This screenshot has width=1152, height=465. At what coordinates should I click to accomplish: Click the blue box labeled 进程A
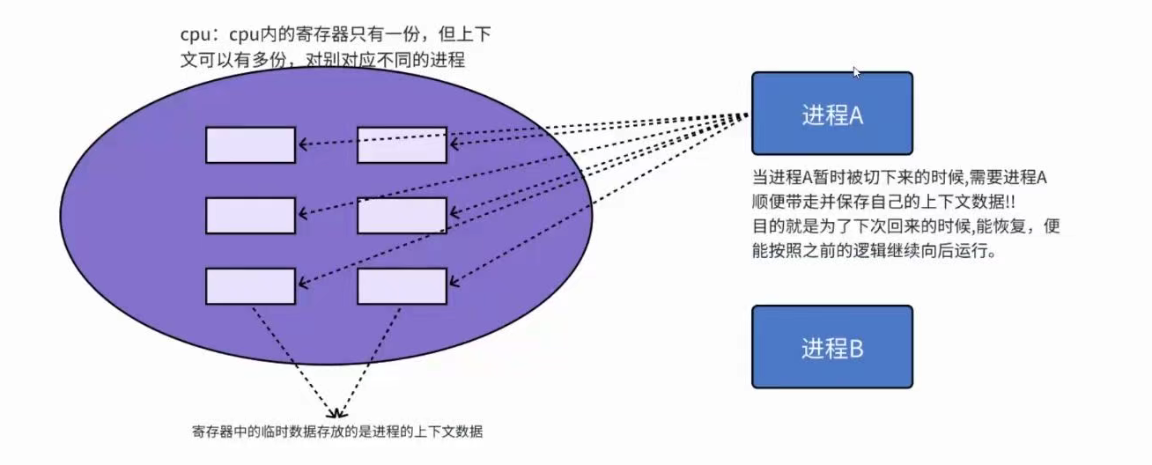[x=831, y=114]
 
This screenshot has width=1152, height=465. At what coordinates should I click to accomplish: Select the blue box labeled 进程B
[x=831, y=347]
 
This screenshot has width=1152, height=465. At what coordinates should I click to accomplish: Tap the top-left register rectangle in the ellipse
[x=250, y=145]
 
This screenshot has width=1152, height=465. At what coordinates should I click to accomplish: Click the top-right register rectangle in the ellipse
[x=402, y=145]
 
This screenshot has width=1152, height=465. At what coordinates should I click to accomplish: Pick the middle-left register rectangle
[x=250, y=216]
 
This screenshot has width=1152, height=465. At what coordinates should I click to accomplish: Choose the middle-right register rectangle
[x=402, y=216]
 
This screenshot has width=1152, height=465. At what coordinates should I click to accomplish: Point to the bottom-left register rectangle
[x=250, y=286]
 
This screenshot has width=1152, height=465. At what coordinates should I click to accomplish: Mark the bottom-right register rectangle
[x=402, y=286]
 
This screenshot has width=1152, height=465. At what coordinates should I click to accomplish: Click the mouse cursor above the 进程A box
[x=856, y=72]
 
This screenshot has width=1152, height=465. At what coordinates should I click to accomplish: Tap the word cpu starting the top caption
[x=193, y=36]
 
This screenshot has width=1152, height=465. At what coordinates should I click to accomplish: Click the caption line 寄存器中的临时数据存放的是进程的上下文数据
[x=337, y=432]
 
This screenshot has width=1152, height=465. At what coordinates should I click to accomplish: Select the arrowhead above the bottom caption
[x=337, y=411]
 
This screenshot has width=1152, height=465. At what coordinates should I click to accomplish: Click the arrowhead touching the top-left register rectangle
[x=301, y=144]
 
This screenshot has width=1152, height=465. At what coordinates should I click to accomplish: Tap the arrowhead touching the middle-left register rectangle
[x=301, y=212]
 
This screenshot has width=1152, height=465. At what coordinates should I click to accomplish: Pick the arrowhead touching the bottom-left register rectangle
[x=301, y=283]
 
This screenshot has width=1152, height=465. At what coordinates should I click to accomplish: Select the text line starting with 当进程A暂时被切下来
[x=897, y=178]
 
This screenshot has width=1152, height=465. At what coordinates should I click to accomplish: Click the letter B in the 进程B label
[x=855, y=349]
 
